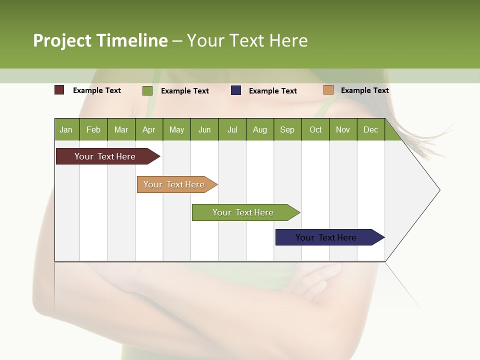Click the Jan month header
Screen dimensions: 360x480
pyautogui.click(x=66, y=129)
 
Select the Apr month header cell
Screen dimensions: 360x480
pyautogui.click(x=149, y=129)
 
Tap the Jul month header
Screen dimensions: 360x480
pyautogui.click(x=232, y=129)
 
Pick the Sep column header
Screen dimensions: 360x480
pyautogui.click(x=287, y=129)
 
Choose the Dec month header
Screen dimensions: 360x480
pyautogui.click(x=370, y=129)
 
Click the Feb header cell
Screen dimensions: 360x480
pyautogui.click(x=93, y=129)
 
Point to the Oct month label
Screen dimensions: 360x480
pyautogui.click(x=315, y=129)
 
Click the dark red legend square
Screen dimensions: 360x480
pyautogui.click(x=59, y=90)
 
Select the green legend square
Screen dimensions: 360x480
pyautogui.click(x=147, y=90)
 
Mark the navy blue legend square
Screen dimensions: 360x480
pyautogui.click(x=236, y=90)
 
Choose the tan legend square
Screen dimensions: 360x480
pyautogui.click(x=328, y=90)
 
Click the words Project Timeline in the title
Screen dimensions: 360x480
pyautogui.click(x=100, y=40)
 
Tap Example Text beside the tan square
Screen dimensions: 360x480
pyautogui.click(x=364, y=90)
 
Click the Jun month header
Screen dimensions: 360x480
pyautogui.click(x=204, y=129)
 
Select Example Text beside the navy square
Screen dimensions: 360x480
pyautogui.click(x=272, y=91)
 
